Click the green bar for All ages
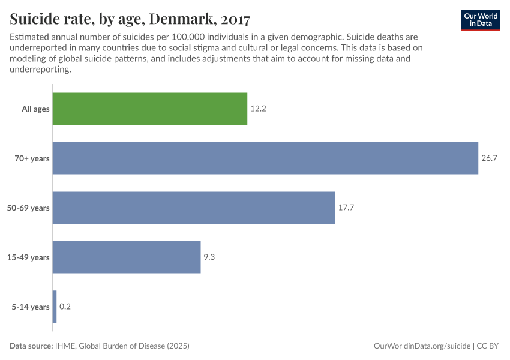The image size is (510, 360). coord(150,109)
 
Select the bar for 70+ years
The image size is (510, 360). coord(265,158)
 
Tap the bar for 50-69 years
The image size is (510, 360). coord(194,208)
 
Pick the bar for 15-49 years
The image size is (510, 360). coord(127,257)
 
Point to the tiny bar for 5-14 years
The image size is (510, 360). coord(55,307)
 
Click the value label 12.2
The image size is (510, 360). coord(258,109)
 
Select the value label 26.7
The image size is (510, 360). coord(489,158)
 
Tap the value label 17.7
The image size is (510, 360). coord(346,208)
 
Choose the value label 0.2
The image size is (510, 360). coord(65,307)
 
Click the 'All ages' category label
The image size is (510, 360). coord(35,109)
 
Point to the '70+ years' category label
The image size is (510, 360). coord(32,158)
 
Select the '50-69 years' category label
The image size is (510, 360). coord(29,208)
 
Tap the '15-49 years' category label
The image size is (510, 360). coord(29,257)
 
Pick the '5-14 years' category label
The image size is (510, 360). coord(31,307)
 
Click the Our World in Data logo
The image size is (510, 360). coord(480,19)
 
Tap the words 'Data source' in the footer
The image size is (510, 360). coord(31,346)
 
